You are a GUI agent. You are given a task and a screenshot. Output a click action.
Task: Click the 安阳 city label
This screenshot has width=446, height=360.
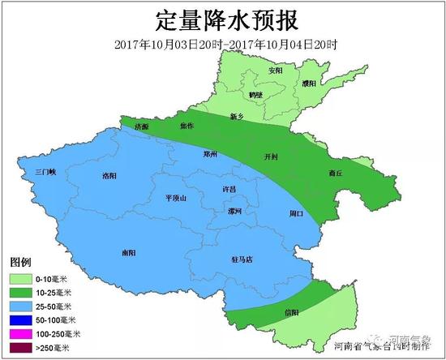(x=276, y=71)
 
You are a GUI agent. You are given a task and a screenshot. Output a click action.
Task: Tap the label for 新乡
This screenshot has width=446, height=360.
(x=238, y=117)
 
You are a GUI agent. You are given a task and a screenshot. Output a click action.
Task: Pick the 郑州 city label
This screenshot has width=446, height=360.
(x=209, y=153)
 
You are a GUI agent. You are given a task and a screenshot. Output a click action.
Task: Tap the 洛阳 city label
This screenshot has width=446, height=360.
(x=109, y=175)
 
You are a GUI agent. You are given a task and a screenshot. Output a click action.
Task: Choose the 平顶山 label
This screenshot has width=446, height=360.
(x=175, y=197)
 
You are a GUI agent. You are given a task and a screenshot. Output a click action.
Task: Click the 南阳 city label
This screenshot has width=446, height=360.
(x=128, y=252)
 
